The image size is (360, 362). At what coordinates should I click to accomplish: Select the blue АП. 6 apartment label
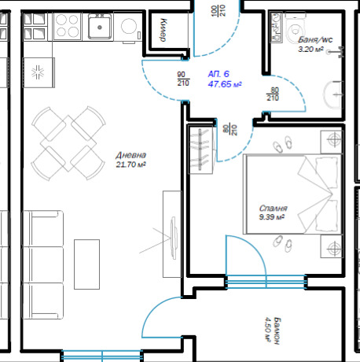click(x=219, y=73)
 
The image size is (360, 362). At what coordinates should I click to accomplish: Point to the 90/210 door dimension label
click(x=183, y=78)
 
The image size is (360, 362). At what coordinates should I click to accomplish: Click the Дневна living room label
click(x=130, y=156)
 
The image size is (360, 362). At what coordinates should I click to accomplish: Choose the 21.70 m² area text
click(x=130, y=165)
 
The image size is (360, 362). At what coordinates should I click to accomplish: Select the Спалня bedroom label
click(x=272, y=209)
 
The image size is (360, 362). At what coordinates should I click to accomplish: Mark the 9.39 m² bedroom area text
click(x=272, y=218)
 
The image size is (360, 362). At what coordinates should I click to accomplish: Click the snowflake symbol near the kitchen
click(x=36, y=73)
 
